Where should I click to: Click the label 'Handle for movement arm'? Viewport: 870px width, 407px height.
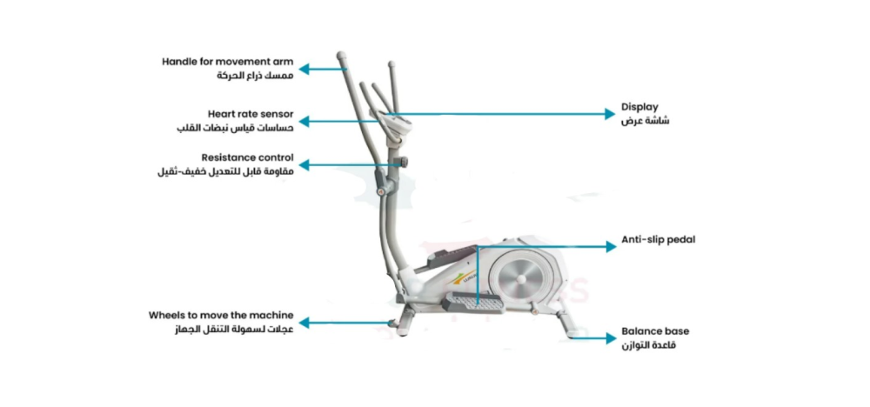coord(228,63)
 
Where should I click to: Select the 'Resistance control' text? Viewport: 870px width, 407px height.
coord(247,158)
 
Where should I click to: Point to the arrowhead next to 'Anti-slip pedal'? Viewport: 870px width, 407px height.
coord(611,247)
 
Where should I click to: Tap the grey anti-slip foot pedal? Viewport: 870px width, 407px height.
coord(473,302)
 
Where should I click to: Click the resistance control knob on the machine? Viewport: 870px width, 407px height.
coord(402,163)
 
